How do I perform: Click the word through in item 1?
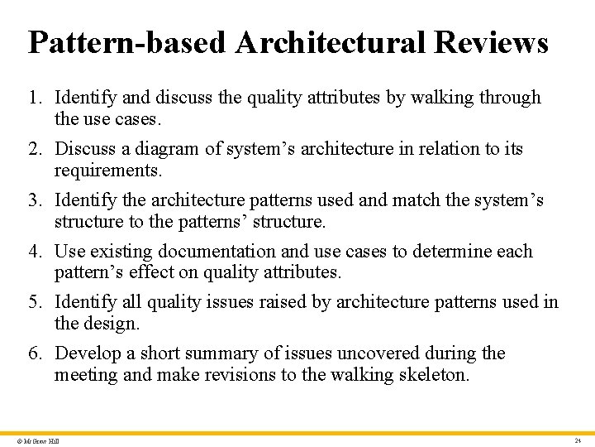click(512, 98)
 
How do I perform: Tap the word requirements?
click(108, 171)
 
